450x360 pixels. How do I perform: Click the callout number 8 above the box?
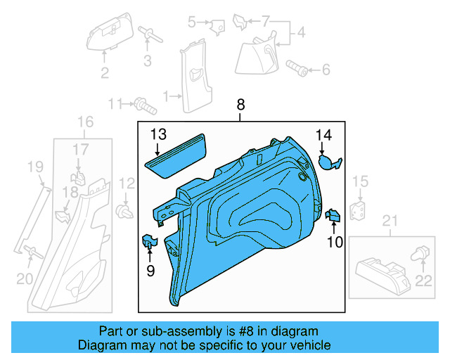[241, 105]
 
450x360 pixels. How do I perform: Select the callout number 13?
[157, 134]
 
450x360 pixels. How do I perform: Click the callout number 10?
[334, 243]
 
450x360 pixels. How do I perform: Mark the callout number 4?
[300, 33]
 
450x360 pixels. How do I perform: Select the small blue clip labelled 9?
[150, 240]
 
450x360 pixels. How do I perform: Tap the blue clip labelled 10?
[333, 216]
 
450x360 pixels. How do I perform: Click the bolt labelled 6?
[296, 67]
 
